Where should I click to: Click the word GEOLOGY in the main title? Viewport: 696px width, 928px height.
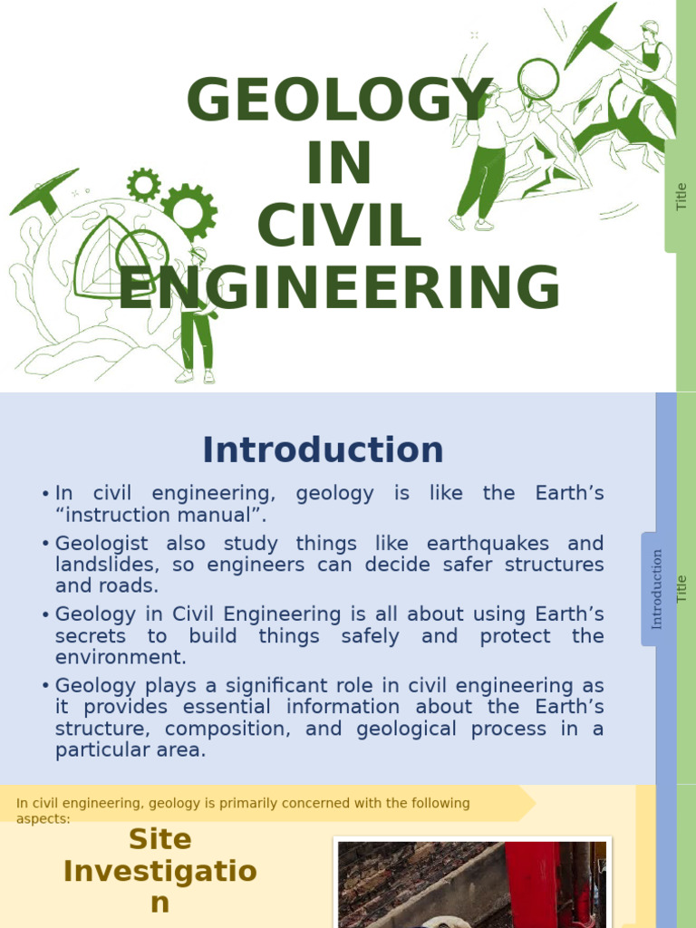340,101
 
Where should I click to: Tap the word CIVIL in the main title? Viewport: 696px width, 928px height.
340,226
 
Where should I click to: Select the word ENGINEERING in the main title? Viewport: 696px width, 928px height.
340,288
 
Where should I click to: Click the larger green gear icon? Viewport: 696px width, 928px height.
188,211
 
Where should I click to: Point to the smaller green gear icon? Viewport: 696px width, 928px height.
143,185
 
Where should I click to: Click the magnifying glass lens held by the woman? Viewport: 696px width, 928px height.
538,77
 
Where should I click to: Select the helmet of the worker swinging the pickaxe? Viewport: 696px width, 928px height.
650,27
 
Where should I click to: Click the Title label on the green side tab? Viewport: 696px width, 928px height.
681,197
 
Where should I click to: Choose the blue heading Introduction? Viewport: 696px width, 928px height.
323,450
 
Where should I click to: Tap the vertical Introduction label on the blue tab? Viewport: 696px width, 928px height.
657,589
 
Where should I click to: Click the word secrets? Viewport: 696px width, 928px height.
89,636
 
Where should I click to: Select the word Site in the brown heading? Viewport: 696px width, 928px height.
160,839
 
